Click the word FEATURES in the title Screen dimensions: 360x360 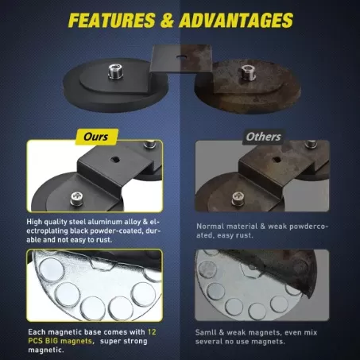tap(112, 20)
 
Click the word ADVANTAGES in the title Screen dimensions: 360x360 tap(237, 20)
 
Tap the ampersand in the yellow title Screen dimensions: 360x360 tap(168, 21)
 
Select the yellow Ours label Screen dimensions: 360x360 tap(96, 137)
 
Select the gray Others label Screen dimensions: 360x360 tap(263, 137)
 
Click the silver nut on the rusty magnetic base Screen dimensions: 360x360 tap(248, 72)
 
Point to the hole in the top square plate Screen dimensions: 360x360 tap(181, 56)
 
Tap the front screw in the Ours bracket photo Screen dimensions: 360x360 tap(77, 199)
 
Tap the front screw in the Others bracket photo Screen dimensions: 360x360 tap(238, 199)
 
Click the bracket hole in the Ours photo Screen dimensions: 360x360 tap(115, 159)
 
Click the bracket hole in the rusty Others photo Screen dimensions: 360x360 tap(277, 160)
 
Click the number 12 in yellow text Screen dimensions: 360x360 tap(152, 332)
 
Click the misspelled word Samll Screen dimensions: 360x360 tap(203, 332)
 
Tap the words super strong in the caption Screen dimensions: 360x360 tap(124, 341)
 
